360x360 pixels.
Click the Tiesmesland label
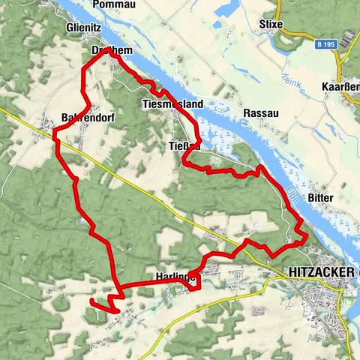pyautogui.click(x=172, y=104)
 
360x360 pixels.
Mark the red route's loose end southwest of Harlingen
pyautogui.click(x=90, y=301)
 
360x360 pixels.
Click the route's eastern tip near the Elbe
pyautogui.click(x=307, y=238)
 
